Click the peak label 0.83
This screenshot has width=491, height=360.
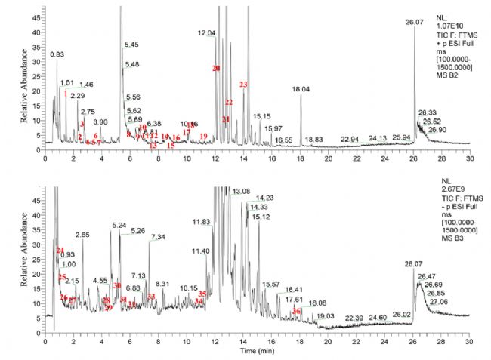pyautogui.click(x=57, y=54)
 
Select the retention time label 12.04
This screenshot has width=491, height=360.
pyautogui.click(x=207, y=33)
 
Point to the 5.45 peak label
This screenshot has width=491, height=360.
pyautogui.click(x=131, y=45)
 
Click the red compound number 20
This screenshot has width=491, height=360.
pyautogui.click(x=216, y=69)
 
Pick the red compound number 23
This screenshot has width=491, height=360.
pyautogui.click(x=243, y=85)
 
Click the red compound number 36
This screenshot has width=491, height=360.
pyautogui.click(x=297, y=311)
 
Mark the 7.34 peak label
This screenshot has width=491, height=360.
pyautogui.click(x=158, y=238)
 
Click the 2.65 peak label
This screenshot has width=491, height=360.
pyautogui.click(x=83, y=235)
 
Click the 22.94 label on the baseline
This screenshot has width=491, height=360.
pyautogui.click(x=349, y=140)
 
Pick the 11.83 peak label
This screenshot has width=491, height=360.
pyautogui.click(x=202, y=222)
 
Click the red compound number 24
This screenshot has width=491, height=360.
pyautogui.click(x=60, y=250)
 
